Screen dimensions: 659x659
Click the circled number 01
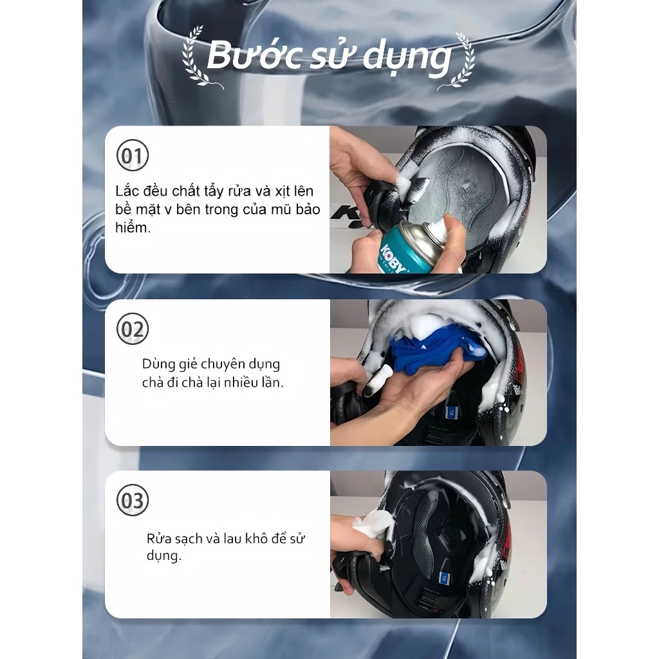133,156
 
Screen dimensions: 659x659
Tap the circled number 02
133,329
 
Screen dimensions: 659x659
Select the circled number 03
133,501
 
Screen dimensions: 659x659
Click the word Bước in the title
255,55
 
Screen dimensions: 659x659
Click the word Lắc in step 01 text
127,191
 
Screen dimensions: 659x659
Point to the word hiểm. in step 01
133,228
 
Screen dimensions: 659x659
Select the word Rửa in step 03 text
158,539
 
